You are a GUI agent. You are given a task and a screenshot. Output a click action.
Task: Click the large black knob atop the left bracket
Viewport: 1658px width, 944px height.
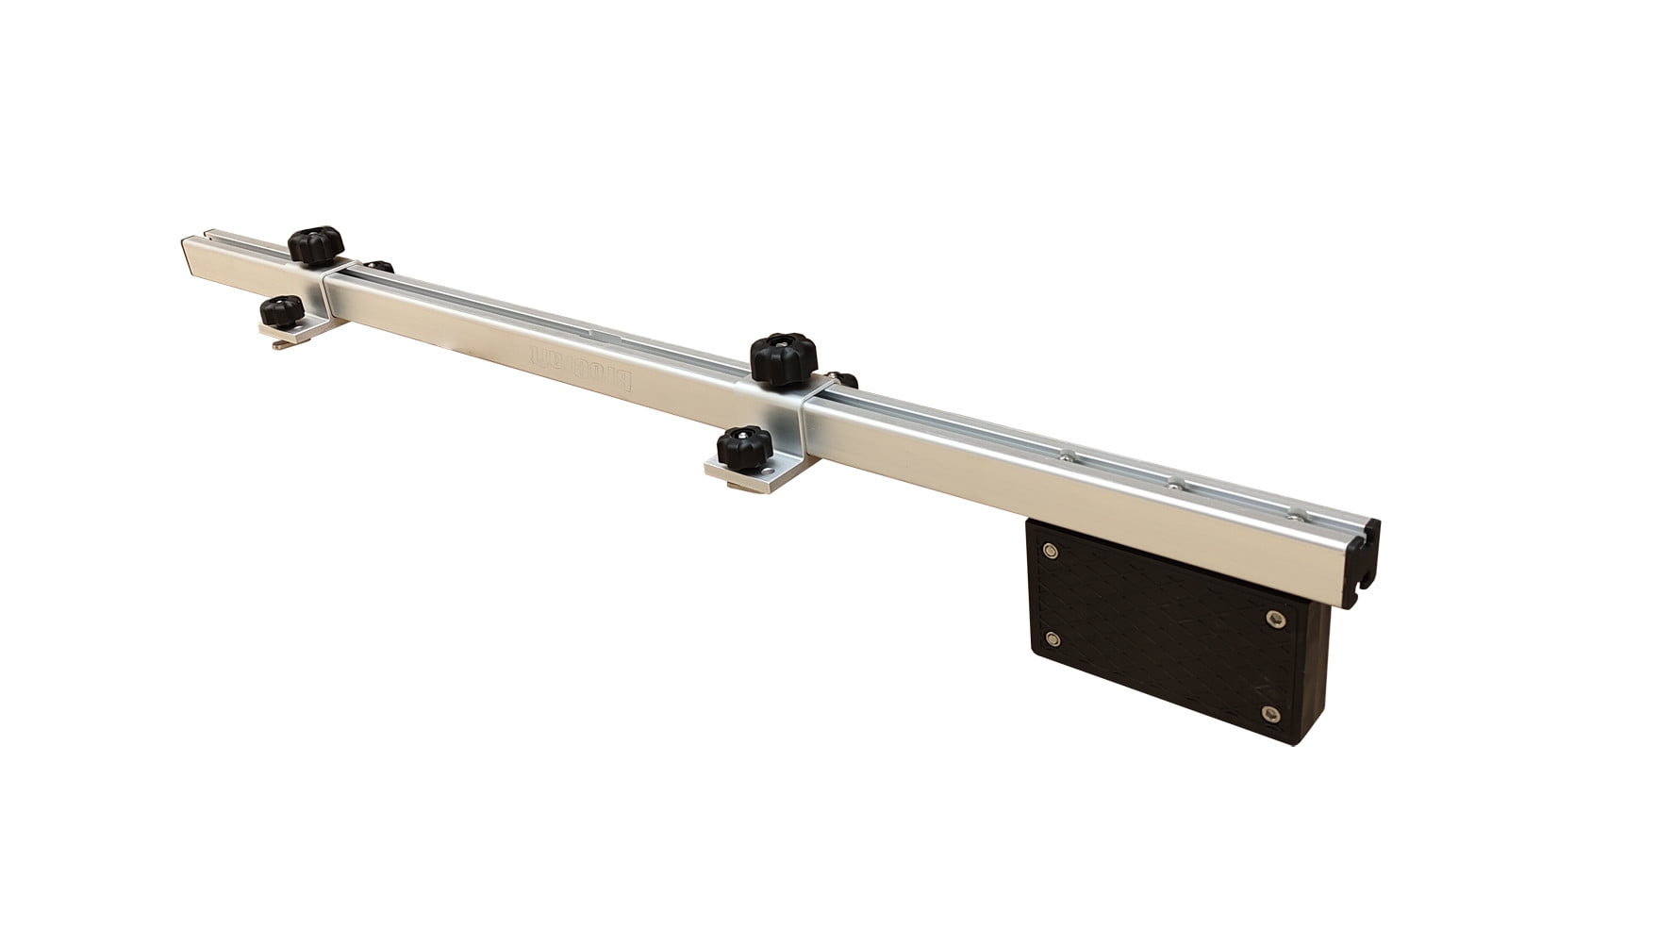click(x=316, y=246)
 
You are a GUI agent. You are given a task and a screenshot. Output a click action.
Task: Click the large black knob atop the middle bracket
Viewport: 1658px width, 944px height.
click(x=782, y=356)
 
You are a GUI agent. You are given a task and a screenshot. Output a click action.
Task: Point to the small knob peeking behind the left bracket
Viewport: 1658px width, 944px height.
click(x=379, y=267)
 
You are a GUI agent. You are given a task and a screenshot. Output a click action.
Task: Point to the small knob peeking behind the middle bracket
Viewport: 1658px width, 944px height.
click(x=845, y=381)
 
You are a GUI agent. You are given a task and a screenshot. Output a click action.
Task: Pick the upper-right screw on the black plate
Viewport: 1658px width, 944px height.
click(x=1276, y=618)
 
